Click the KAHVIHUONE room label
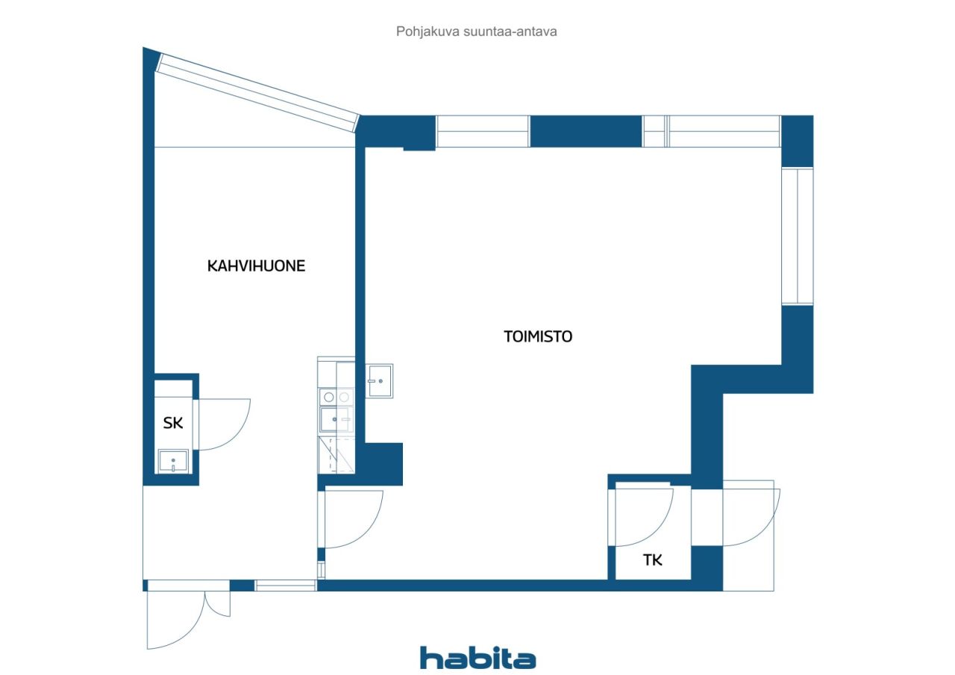click(x=256, y=266)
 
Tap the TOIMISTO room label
click(x=537, y=336)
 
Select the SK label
click(x=173, y=424)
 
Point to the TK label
click(x=653, y=560)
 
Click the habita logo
click(x=477, y=658)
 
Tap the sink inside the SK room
click(x=174, y=460)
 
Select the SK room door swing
click(x=222, y=424)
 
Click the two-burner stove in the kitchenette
click(x=336, y=397)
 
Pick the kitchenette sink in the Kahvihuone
click(x=335, y=420)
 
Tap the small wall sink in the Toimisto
click(x=379, y=381)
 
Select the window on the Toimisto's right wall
click(x=797, y=236)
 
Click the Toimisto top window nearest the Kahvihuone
click(x=482, y=131)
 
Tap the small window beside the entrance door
click(x=286, y=585)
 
